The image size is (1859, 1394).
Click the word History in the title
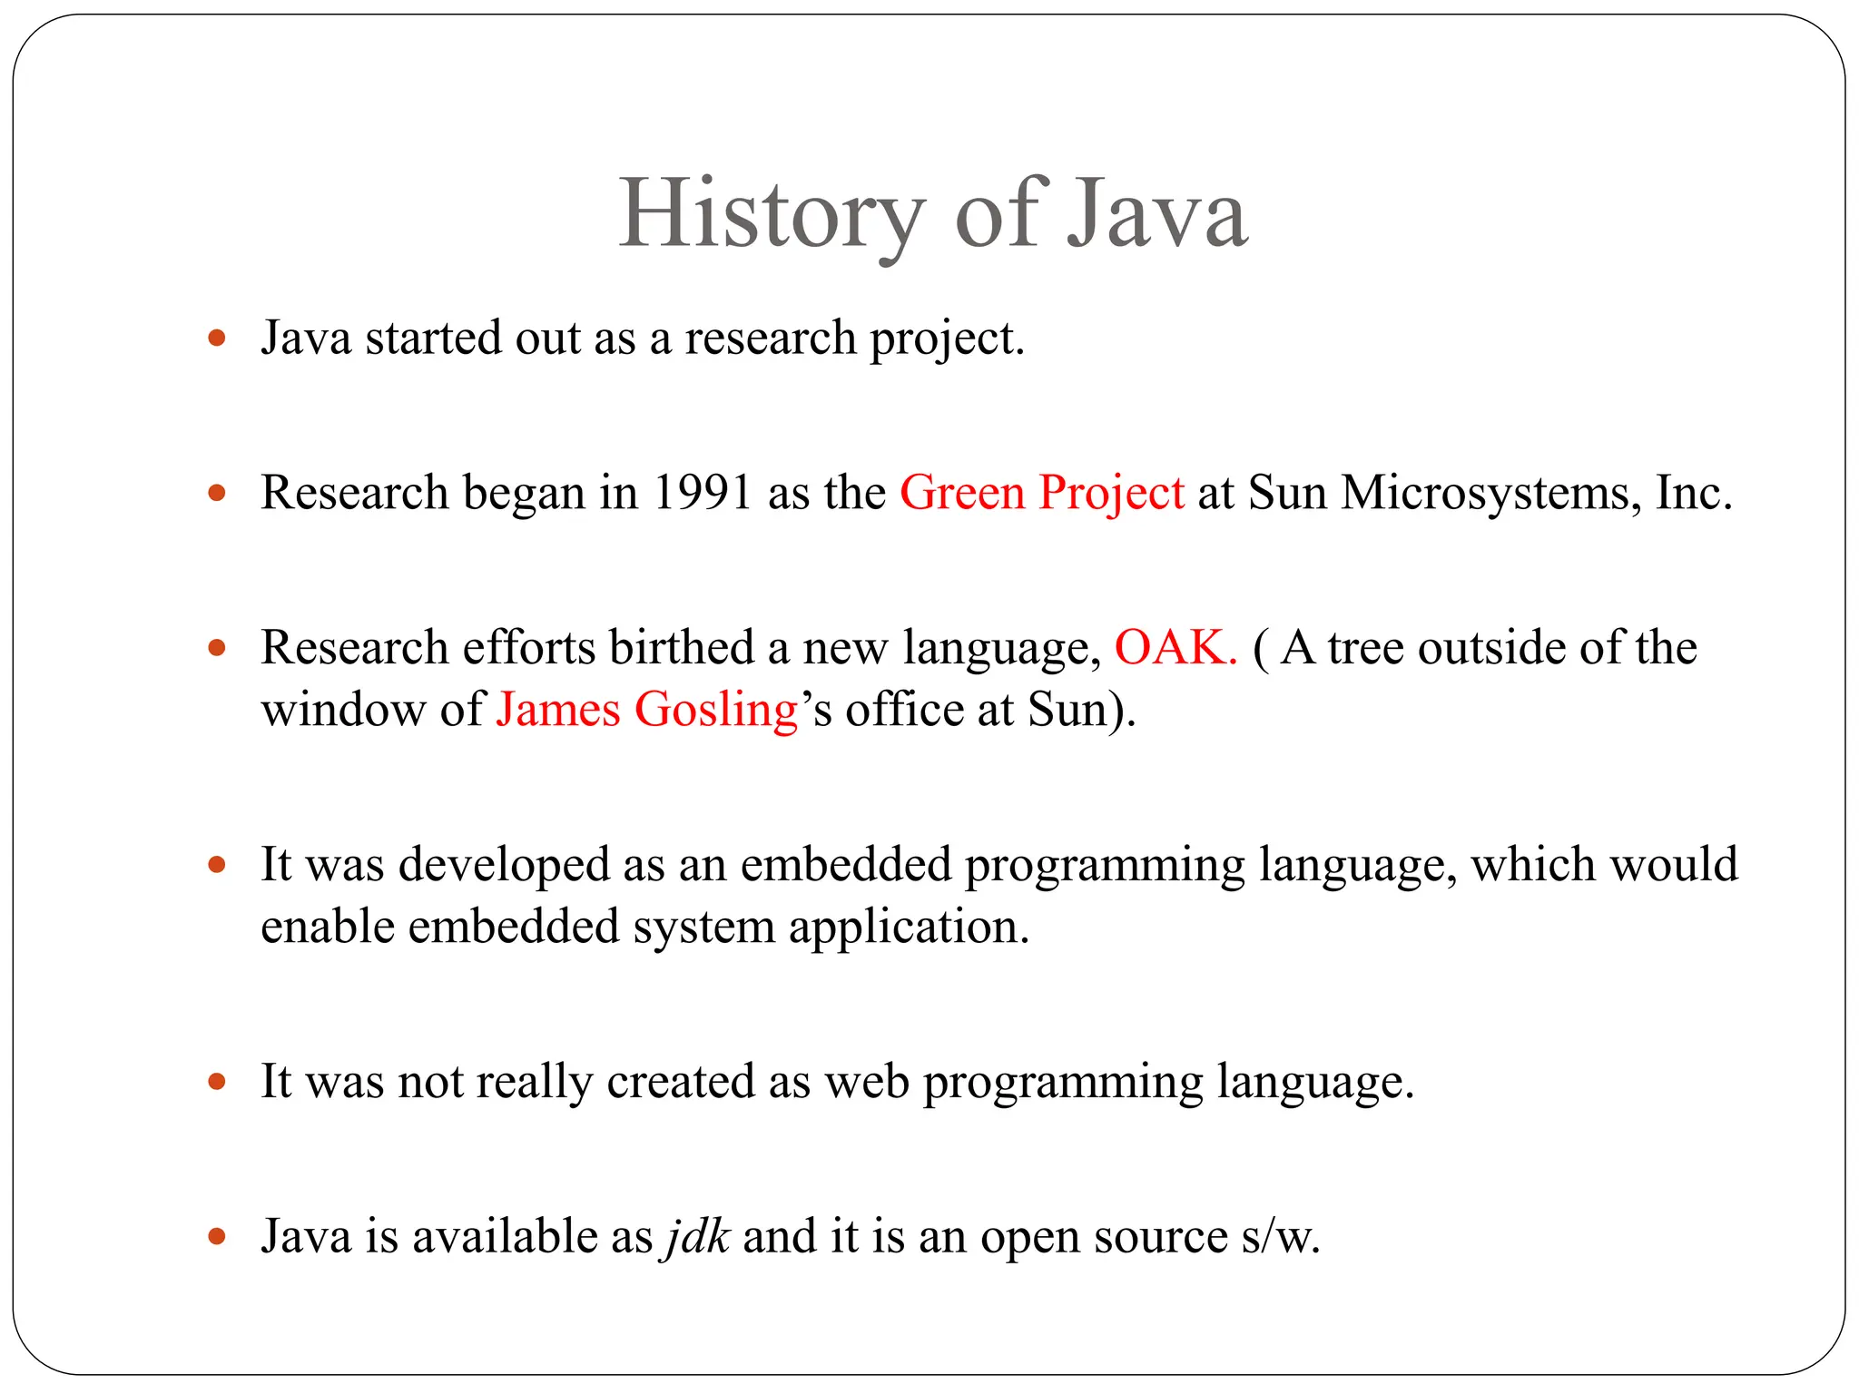click(x=770, y=215)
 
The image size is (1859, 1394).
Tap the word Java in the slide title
click(x=1157, y=215)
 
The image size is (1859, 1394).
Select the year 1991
click(x=702, y=493)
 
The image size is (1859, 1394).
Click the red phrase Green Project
click(x=1041, y=493)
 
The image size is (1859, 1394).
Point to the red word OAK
click(x=1175, y=648)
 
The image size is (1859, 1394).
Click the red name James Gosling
click(x=646, y=710)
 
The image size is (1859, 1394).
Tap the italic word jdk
click(x=698, y=1236)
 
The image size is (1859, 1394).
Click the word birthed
click(x=681, y=648)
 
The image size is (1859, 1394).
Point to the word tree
click(x=1365, y=648)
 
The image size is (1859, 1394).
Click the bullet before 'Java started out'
click(x=216, y=339)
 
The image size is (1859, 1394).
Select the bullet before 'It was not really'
click(x=216, y=1081)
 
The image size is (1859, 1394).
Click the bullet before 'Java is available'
click(x=216, y=1236)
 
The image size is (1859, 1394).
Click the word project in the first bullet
click(x=945, y=340)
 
